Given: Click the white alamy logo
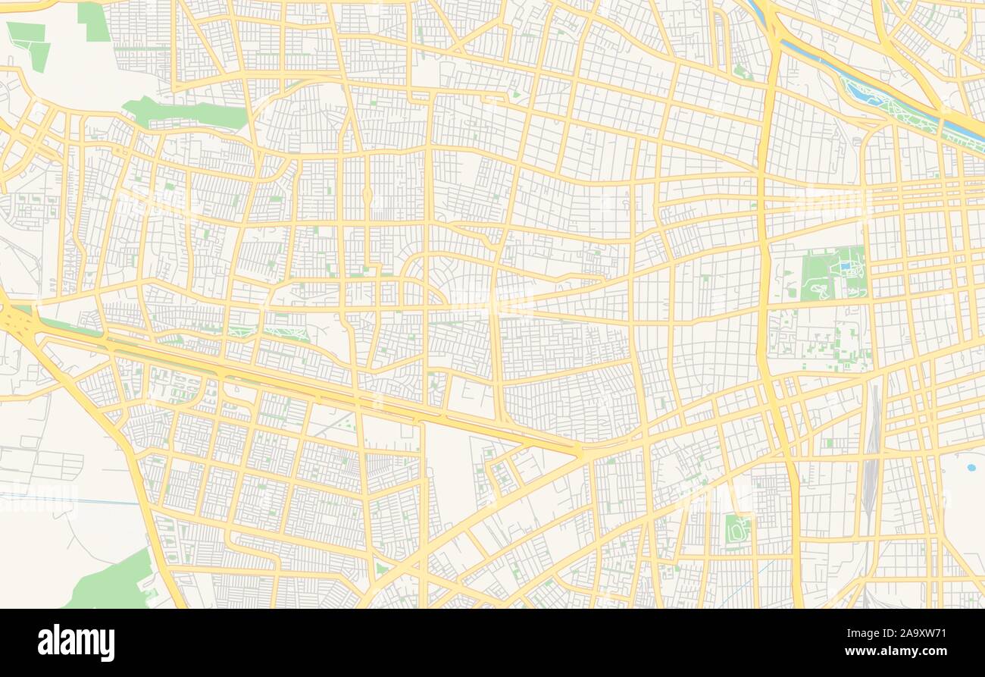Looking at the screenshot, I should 76,643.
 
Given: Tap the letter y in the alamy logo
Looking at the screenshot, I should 108,645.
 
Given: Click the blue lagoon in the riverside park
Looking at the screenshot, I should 864,94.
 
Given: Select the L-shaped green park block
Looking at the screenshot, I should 30,42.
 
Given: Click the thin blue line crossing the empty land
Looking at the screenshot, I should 68,499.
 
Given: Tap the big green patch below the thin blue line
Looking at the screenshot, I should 114,584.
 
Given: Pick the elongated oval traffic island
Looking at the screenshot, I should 367,196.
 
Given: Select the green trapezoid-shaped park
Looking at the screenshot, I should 93,21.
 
